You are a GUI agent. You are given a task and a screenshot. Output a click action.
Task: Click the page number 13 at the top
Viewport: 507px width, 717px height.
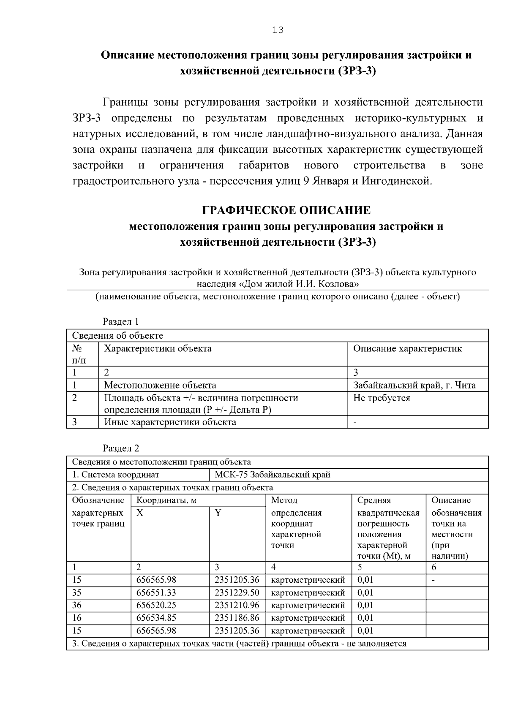pos(278,30)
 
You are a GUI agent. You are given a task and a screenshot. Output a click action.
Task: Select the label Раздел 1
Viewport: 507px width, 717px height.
pos(121,322)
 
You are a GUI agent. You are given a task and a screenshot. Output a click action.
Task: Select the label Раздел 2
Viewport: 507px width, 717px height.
pos(121,448)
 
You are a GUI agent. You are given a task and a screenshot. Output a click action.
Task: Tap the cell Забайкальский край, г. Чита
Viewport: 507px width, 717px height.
pos(414,385)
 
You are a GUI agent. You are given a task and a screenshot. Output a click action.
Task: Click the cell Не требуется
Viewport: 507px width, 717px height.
pos(382,398)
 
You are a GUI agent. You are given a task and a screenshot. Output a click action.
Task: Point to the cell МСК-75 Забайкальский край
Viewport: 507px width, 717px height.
pos(272,475)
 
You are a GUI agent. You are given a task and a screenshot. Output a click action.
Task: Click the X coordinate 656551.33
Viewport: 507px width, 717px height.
pos(156,592)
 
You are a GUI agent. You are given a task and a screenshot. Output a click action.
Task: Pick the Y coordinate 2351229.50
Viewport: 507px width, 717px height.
pos(237,592)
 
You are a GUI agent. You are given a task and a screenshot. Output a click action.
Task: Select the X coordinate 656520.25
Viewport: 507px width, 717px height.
pos(156,605)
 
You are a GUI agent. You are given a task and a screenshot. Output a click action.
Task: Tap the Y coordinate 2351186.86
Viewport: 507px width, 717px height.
pos(237,618)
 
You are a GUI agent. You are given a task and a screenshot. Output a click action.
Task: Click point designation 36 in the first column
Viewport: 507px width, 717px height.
pos(77,605)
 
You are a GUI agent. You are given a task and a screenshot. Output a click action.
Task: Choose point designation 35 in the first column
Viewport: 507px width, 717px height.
pos(77,592)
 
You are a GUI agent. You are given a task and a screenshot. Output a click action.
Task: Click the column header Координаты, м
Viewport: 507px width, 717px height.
pos(167,500)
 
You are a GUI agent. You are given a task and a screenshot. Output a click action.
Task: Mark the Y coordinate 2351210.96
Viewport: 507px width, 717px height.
pos(237,605)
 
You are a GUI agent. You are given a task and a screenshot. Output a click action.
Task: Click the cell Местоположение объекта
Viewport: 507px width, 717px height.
pos(160,385)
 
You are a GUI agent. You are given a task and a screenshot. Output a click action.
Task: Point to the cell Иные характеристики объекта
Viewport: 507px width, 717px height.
pos(170,422)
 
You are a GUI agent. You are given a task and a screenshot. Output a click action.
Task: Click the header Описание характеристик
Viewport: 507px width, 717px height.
pos(407,349)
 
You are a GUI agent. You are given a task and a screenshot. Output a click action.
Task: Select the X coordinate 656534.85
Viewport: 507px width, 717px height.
pos(156,618)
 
